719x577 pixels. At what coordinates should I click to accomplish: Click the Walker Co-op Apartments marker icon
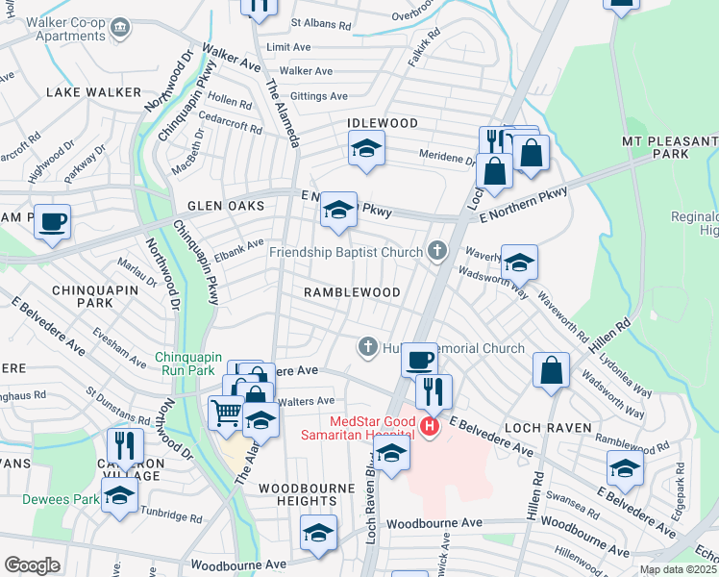(120, 26)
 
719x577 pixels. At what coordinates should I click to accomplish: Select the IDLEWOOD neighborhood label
(384, 124)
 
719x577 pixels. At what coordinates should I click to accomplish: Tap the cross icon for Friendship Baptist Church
(437, 252)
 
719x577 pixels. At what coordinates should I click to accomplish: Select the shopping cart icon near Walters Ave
(225, 413)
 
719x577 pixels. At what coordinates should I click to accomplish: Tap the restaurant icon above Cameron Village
(125, 444)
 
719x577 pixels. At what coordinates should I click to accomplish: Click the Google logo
(32, 565)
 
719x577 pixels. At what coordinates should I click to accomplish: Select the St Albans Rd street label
(324, 21)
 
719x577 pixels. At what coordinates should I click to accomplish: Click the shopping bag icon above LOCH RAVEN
(552, 369)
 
